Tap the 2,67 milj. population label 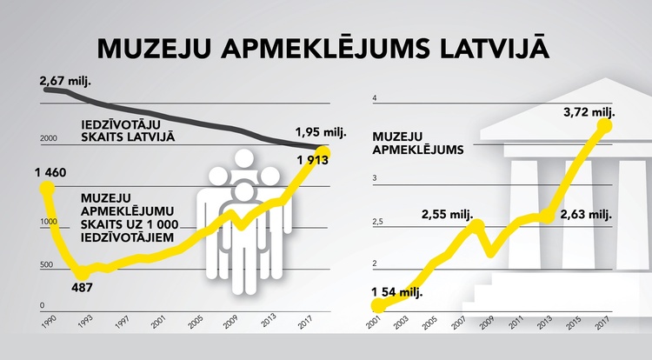click(66, 82)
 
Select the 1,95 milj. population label click(321, 132)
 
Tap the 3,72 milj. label click(589, 112)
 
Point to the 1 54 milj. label click(396, 291)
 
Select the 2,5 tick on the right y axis click(376, 223)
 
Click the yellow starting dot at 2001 click(378, 304)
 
